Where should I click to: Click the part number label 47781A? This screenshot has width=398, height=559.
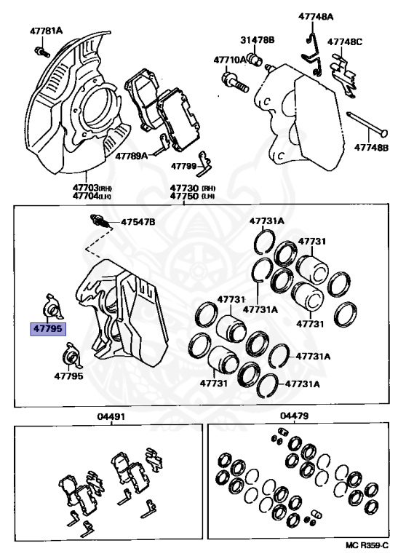[x=46, y=31]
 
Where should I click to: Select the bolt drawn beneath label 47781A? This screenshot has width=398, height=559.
[x=41, y=52]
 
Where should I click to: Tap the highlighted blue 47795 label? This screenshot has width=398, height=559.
[x=48, y=328]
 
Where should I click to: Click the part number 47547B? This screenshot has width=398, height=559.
[x=138, y=222]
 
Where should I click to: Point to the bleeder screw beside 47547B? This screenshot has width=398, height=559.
[x=101, y=221]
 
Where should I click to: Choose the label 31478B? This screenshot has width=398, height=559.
[x=258, y=40]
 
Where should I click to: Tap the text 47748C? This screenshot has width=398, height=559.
[x=345, y=42]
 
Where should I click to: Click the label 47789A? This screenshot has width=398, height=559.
[x=131, y=156]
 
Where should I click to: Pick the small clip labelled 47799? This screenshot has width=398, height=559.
[x=205, y=164]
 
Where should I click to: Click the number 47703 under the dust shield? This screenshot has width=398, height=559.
[x=85, y=188]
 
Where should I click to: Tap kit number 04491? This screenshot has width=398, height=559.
[x=111, y=416]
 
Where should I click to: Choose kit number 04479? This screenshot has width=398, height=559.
[x=294, y=416]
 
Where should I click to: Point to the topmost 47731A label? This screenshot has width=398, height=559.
[x=266, y=221]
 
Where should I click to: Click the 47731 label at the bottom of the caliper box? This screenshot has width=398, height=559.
[x=213, y=384]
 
